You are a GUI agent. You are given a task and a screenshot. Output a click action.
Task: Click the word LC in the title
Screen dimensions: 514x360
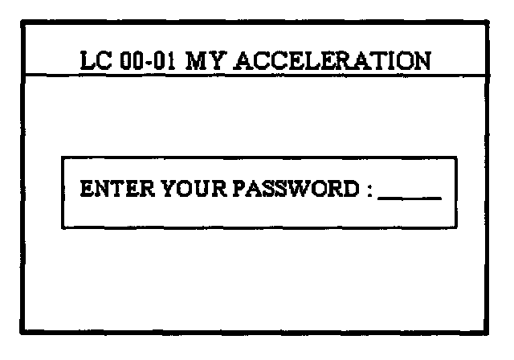point(97,60)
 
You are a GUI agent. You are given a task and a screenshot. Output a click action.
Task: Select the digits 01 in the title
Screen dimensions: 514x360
point(166,60)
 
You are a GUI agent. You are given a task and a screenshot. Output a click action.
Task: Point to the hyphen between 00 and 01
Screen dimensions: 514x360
point(150,62)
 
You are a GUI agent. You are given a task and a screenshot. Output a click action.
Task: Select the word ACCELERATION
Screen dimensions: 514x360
point(330,60)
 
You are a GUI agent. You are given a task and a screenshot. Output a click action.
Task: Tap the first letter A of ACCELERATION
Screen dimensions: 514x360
point(239,60)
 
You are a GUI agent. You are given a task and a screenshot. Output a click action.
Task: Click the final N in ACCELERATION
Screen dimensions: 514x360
point(421,60)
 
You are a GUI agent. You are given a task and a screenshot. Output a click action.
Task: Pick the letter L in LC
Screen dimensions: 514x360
point(89,60)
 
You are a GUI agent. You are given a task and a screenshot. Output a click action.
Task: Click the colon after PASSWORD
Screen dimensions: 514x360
point(369,192)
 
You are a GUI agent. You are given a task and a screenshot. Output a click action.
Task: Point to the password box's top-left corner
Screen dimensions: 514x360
point(63,157)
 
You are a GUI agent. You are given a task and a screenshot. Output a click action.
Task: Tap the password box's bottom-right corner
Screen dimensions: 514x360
point(456,227)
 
